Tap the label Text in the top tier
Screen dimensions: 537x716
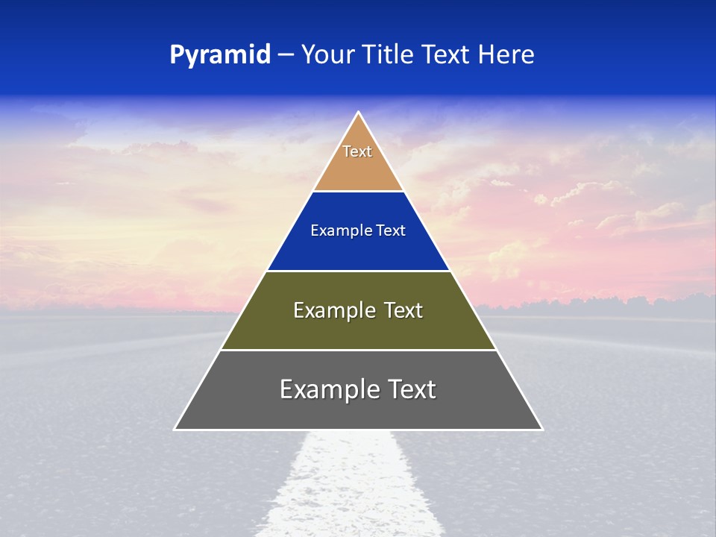click(x=357, y=151)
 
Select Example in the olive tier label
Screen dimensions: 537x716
click(x=328, y=310)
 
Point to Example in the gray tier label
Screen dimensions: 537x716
click(x=320, y=389)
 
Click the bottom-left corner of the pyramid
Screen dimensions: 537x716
click(x=175, y=429)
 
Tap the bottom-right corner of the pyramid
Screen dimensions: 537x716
click(x=541, y=429)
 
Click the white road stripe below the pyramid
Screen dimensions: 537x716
click(x=351, y=485)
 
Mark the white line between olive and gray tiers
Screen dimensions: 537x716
click(x=358, y=350)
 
